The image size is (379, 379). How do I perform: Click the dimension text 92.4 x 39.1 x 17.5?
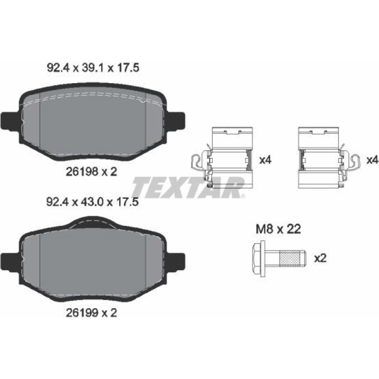tap(93, 68)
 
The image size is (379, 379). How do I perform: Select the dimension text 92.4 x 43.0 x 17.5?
tap(93, 202)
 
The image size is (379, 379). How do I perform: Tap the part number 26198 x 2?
tap(92, 172)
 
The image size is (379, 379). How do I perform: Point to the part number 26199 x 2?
tap(92, 313)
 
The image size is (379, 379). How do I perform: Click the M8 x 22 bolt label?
tap(278, 229)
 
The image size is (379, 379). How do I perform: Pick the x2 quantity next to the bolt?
tap(320, 258)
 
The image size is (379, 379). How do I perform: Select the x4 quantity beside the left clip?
tap(265, 160)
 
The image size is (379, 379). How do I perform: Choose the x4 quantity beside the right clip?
tap(373, 160)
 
